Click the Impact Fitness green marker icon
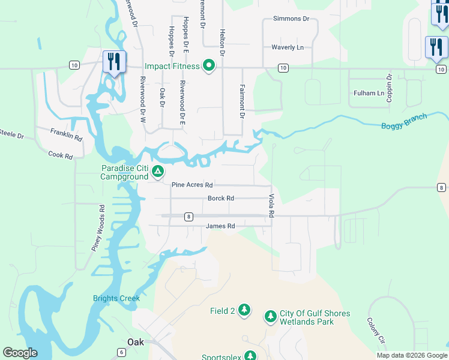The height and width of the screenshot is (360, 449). [x=209, y=65]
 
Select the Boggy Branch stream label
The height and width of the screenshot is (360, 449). [x=404, y=121]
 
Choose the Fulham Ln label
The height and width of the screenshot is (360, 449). [x=369, y=93]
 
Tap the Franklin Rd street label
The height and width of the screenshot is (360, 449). [x=66, y=134]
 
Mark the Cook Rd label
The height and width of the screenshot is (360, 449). [x=60, y=155]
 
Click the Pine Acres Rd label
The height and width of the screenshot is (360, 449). [x=192, y=185]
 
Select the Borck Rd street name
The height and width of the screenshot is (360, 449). [x=220, y=198]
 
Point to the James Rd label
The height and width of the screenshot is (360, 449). [x=220, y=226]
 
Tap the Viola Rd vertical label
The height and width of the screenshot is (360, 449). [x=271, y=205]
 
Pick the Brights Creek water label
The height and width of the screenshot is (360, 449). [x=116, y=298]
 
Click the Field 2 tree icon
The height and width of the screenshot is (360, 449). [x=244, y=310]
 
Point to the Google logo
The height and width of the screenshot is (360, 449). [x=20, y=353]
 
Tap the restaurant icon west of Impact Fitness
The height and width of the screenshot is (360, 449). [x=113, y=61]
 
